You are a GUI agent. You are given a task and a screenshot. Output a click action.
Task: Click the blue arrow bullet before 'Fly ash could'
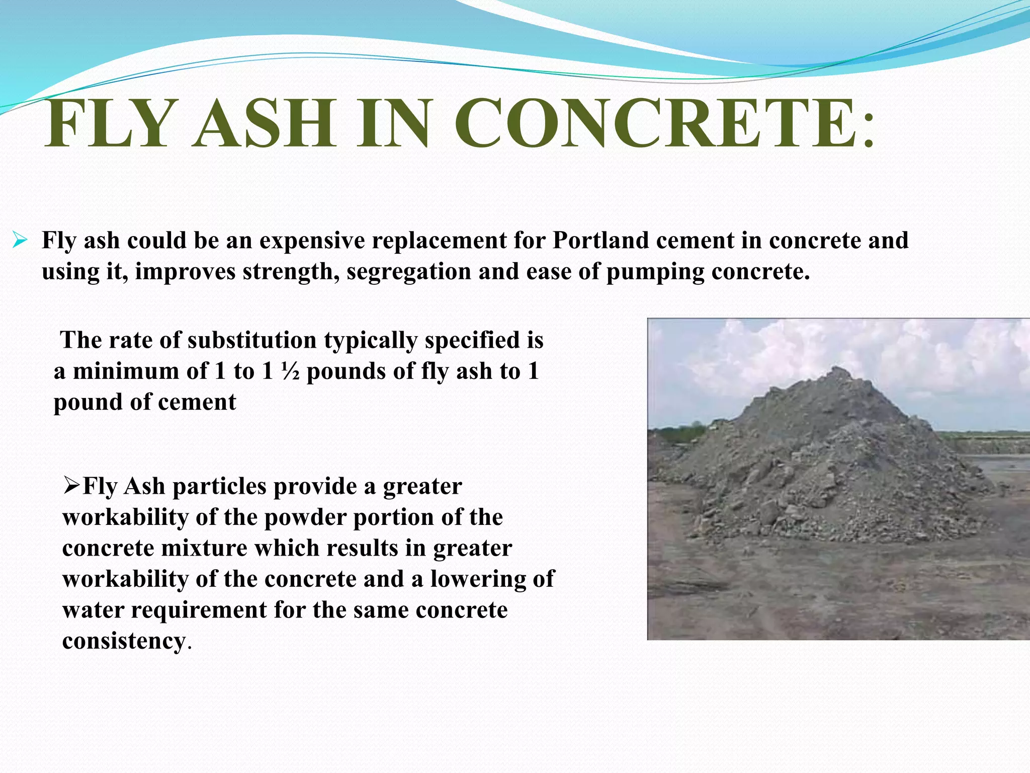point(20,240)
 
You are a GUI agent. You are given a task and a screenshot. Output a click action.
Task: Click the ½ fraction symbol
point(290,371)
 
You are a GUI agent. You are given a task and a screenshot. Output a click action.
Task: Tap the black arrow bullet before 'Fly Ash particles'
point(72,486)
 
